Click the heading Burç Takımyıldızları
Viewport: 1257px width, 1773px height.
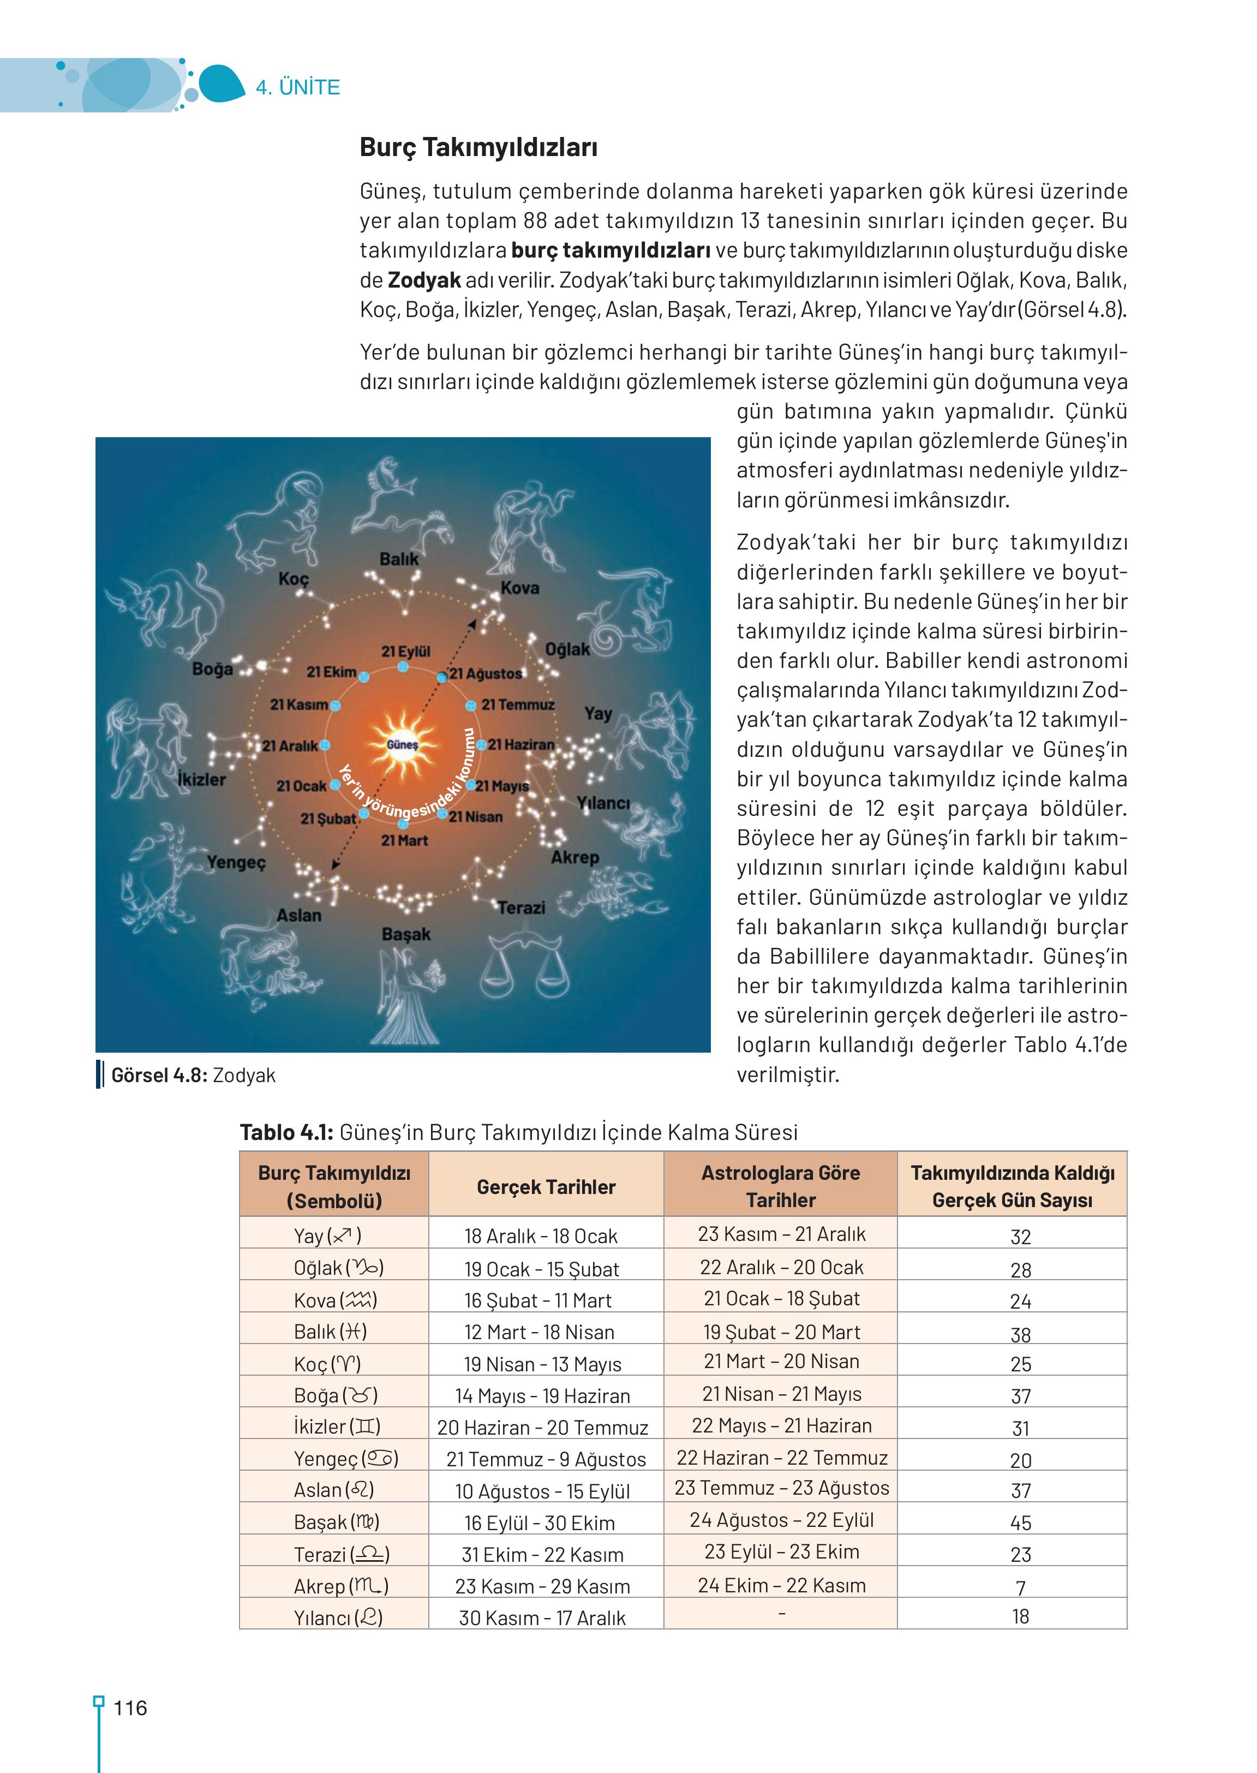[x=478, y=147]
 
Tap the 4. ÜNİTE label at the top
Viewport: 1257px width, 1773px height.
[x=298, y=87]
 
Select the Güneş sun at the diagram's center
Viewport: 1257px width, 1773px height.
[x=403, y=744]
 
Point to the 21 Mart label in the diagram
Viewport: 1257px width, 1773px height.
[x=404, y=840]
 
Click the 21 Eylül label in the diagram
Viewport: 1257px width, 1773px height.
[x=405, y=651]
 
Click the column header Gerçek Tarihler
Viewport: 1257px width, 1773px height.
[x=546, y=1186]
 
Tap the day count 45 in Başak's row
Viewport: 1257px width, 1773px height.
[x=1020, y=1522]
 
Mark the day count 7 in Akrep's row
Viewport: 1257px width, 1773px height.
[x=1020, y=1587]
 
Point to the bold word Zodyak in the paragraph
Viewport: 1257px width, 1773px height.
[x=424, y=279]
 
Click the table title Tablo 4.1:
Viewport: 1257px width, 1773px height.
[x=286, y=1132]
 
